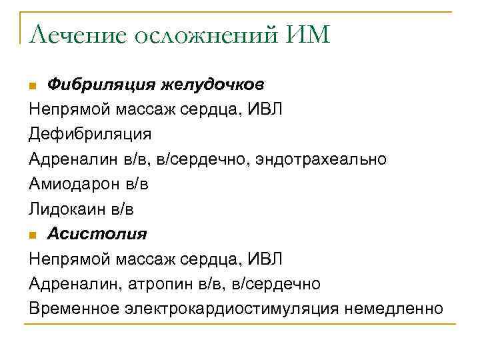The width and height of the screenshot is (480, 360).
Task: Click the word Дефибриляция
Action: click(90, 134)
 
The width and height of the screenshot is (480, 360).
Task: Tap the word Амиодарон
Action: click(74, 184)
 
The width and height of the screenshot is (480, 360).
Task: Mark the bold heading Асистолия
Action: click(97, 234)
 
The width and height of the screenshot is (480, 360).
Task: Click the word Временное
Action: click(74, 309)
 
